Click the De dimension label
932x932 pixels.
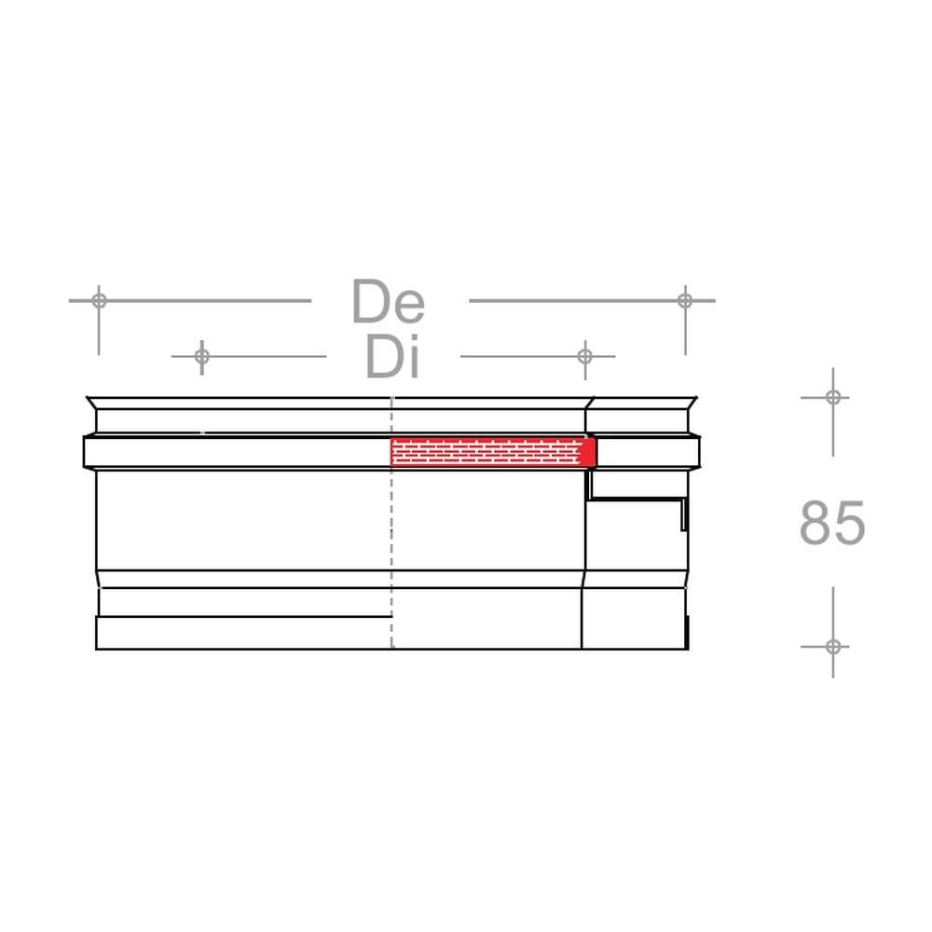(389, 301)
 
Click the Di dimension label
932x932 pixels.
(393, 357)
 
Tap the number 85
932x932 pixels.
(832, 523)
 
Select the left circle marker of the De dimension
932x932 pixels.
(100, 301)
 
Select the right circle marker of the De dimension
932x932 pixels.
(685, 301)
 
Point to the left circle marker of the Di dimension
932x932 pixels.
(202, 357)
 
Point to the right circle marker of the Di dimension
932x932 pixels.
(585, 357)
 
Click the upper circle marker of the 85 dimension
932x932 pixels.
(832, 397)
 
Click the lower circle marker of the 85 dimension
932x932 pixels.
(832, 646)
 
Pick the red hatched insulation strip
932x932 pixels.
(486, 452)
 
